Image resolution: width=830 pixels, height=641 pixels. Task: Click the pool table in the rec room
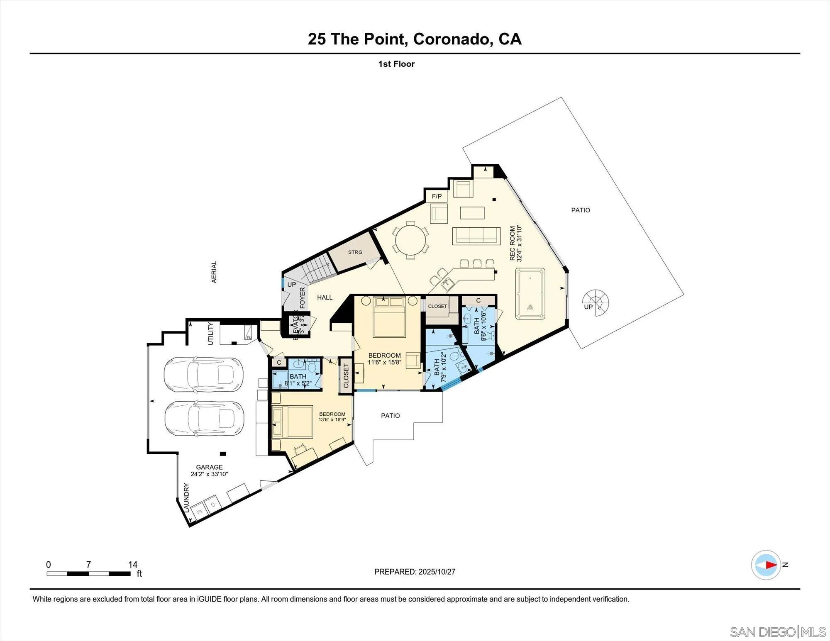pyautogui.click(x=530, y=294)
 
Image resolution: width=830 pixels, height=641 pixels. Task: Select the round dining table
pyautogui.click(x=410, y=239)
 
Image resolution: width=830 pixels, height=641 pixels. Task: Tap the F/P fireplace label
pyautogui.click(x=437, y=196)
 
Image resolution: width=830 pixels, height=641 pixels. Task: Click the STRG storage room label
pyautogui.click(x=355, y=252)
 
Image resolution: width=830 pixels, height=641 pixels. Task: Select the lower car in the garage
pyautogui.click(x=204, y=419)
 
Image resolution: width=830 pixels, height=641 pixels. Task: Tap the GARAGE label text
pyautogui.click(x=209, y=467)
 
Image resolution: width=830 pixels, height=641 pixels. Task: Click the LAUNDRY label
pyautogui.click(x=187, y=497)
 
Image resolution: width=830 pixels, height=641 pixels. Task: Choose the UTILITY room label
pyautogui.click(x=210, y=334)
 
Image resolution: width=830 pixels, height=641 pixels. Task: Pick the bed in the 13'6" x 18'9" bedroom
pyautogui.click(x=292, y=422)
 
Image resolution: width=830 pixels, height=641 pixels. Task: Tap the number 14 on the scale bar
pyautogui.click(x=133, y=564)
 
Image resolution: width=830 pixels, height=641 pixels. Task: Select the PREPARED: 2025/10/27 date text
pyautogui.click(x=415, y=572)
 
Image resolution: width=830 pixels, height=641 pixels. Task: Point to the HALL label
pyautogui.click(x=325, y=297)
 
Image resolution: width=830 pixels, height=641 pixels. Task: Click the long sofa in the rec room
pyautogui.click(x=476, y=235)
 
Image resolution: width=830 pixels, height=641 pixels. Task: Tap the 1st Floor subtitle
pyautogui.click(x=396, y=64)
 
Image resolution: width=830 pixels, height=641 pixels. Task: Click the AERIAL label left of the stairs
pyautogui.click(x=214, y=272)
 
